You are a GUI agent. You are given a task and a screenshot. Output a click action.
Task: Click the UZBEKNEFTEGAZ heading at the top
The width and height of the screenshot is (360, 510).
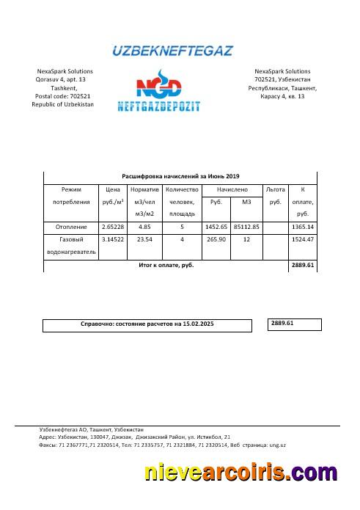tap(172, 51)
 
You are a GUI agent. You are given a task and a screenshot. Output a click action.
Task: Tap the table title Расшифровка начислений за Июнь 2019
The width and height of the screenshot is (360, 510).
tap(180, 176)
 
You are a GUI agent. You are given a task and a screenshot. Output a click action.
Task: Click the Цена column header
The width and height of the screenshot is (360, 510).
tap(113, 189)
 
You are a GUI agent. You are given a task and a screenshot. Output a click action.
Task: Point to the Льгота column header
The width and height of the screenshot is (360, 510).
tap(276, 189)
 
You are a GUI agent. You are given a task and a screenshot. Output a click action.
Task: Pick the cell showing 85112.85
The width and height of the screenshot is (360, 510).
tap(246, 227)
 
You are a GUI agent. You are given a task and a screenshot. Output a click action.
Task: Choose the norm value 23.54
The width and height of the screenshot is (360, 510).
tap(144, 239)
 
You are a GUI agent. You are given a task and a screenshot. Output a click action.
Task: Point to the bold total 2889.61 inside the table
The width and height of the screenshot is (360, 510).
tap(302, 265)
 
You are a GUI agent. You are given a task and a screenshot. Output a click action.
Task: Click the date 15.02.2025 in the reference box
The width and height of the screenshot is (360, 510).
tap(199, 324)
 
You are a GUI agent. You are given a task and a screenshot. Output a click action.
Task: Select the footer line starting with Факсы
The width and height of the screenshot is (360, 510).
tap(162, 445)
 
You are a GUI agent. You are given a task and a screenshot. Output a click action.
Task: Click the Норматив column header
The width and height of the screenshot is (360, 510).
tap(144, 189)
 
